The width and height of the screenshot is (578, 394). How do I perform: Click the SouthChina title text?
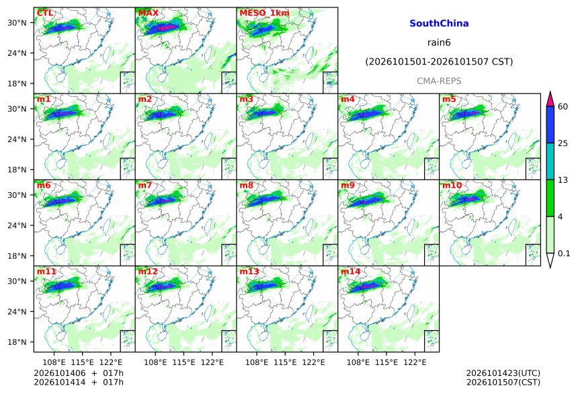pos(439,24)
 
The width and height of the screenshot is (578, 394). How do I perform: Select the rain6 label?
pos(439,42)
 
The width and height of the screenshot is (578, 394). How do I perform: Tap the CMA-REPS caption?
pos(439,81)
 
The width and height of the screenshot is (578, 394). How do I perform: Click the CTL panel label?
pos(44,13)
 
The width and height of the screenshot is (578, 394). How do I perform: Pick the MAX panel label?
pos(148,13)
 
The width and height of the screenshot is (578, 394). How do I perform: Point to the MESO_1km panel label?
pos(264,13)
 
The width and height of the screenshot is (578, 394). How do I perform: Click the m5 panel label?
pos(449,99)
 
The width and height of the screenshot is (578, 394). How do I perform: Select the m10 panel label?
pos(452,185)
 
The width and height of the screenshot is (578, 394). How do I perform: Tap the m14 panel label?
pos(351,272)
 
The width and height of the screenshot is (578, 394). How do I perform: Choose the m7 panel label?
pos(145,185)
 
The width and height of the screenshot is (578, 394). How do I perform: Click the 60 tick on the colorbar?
pos(563,107)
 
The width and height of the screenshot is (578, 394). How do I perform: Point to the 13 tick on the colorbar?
pos(563,180)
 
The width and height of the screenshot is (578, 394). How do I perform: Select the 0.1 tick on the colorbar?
pos(564,253)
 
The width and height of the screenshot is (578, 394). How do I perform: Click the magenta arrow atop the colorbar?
pos(550,100)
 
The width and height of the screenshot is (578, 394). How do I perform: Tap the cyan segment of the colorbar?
pos(550,161)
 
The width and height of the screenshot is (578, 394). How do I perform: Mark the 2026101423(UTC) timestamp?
pos(503,373)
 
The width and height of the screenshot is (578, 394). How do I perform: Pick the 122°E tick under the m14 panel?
pos(415,362)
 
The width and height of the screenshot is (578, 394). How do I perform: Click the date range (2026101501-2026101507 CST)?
pos(439,62)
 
